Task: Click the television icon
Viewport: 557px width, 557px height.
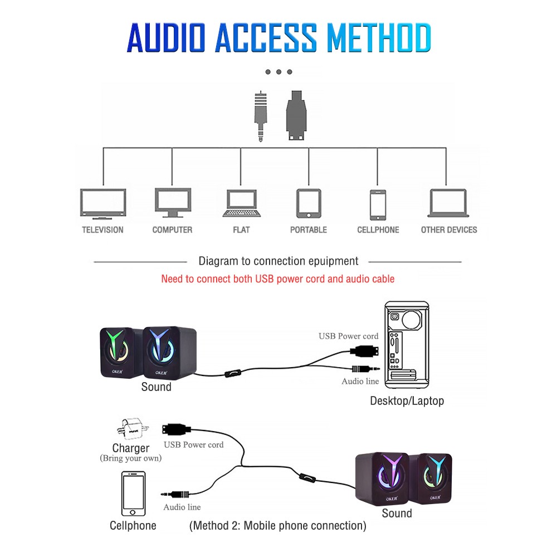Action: (x=103, y=203)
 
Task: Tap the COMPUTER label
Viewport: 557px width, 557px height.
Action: (x=172, y=229)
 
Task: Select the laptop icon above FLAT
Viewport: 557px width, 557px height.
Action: (x=241, y=203)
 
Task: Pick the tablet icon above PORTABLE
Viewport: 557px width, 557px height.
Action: (x=309, y=203)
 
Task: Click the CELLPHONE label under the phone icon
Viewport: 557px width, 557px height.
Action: (x=378, y=229)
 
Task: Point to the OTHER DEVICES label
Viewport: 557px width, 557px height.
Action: (x=449, y=229)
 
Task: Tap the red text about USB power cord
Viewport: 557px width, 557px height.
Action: (x=277, y=278)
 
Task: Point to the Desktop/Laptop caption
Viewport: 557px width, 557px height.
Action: (x=407, y=400)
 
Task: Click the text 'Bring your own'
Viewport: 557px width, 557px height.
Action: (x=130, y=458)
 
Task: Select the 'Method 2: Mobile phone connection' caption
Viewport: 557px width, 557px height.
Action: (x=278, y=525)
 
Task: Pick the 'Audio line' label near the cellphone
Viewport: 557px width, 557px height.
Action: (x=182, y=507)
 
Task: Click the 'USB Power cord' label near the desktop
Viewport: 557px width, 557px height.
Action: (x=348, y=336)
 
